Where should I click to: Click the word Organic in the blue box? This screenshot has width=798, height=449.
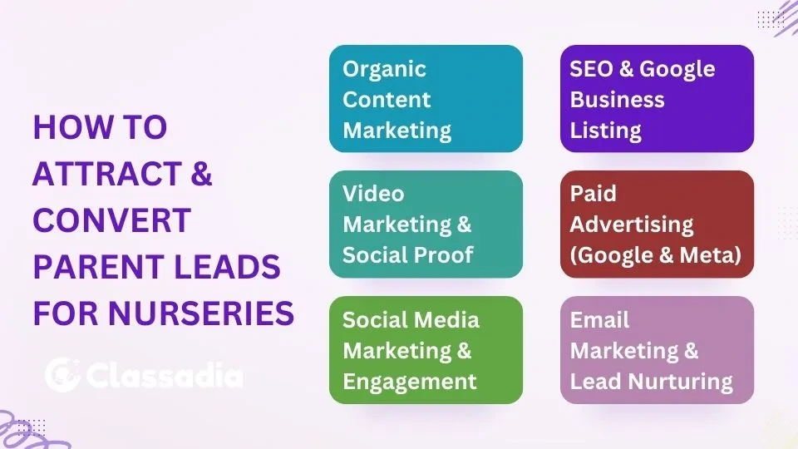[384, 70]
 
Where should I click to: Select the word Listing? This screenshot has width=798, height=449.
[606, 131]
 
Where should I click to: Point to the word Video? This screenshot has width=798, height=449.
[373, 194]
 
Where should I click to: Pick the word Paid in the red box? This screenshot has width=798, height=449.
[593, 194]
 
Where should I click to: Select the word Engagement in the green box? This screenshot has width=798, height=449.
[410, 382]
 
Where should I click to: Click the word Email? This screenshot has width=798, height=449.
[599, 320]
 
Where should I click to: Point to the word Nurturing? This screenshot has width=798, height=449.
[680, 382]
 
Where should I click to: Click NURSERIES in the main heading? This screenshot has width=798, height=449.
[201, 313]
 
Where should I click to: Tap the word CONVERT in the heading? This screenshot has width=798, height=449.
[112, 220]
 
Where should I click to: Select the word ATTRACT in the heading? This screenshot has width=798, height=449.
[107, 174]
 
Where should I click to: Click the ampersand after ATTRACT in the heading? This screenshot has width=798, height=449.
[201, 174]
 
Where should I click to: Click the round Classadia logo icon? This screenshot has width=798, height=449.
[62, 375]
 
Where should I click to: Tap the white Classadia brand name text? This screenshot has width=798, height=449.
[165, 376]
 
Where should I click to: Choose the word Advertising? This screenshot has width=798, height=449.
[632, 224]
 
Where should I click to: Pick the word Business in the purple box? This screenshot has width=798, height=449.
[618, 100]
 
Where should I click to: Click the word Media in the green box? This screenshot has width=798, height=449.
[448, 320]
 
